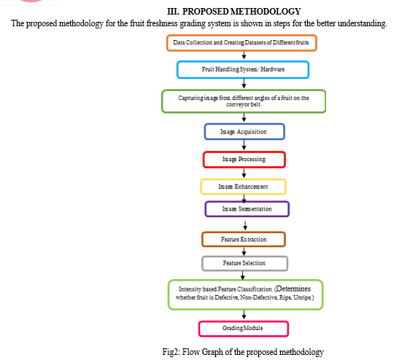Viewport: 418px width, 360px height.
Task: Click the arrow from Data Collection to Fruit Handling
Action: click(x=244, y=55)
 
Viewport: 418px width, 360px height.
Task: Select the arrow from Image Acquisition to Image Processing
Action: click(x=244, y=145)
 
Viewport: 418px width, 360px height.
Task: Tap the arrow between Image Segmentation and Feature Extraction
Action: click(x=245, y=226)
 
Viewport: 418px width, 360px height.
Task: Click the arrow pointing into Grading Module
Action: click(x=244, y=315)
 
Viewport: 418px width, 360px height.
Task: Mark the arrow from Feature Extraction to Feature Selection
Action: click(x=244, y=251)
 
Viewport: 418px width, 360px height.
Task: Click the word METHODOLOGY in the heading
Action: click(x=266, y=12)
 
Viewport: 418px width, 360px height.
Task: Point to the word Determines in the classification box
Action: click(x=293, y=289)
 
